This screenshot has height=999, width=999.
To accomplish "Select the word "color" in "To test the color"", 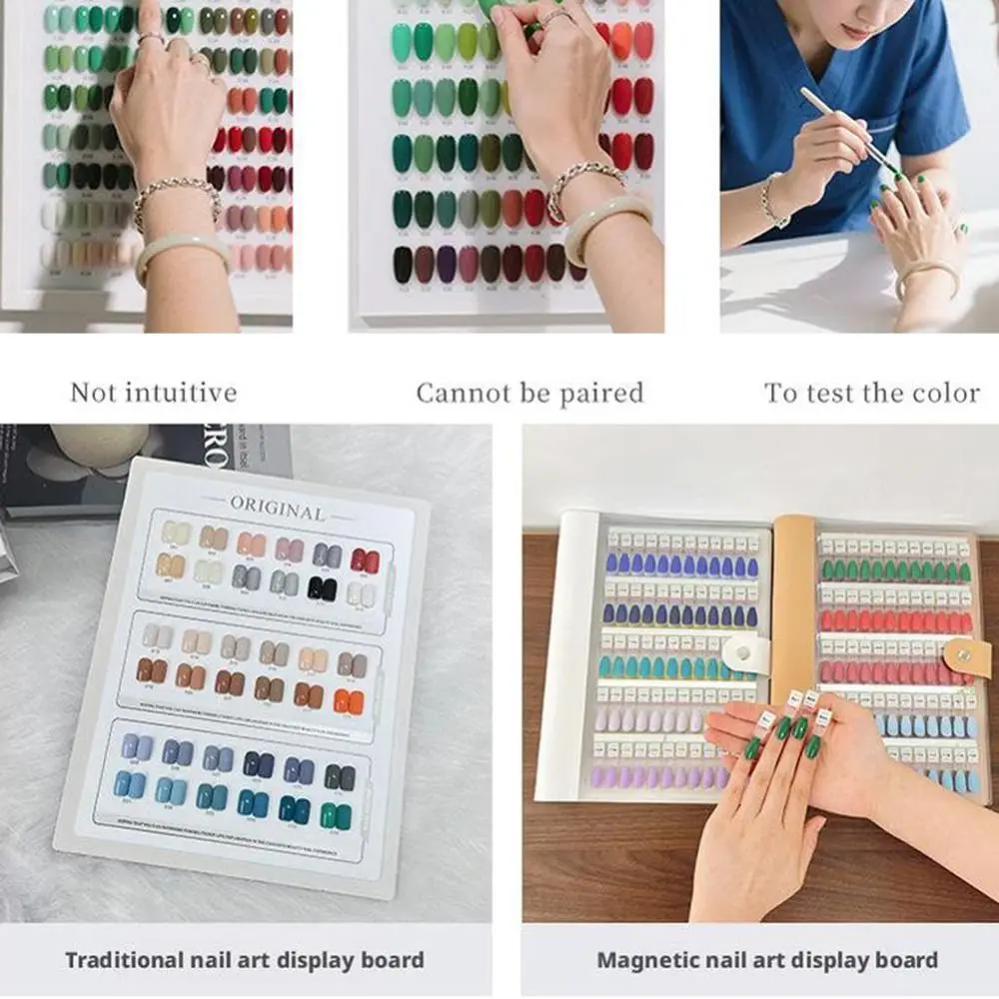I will coord(939,393).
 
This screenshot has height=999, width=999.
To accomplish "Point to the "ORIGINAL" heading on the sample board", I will coord(278,507).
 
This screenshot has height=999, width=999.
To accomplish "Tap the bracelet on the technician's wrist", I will coord(769,200).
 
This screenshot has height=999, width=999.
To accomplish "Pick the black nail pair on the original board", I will coord(322,588).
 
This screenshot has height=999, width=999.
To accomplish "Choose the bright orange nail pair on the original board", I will coord(349,701).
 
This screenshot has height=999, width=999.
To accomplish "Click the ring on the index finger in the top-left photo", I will coord(151,38).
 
